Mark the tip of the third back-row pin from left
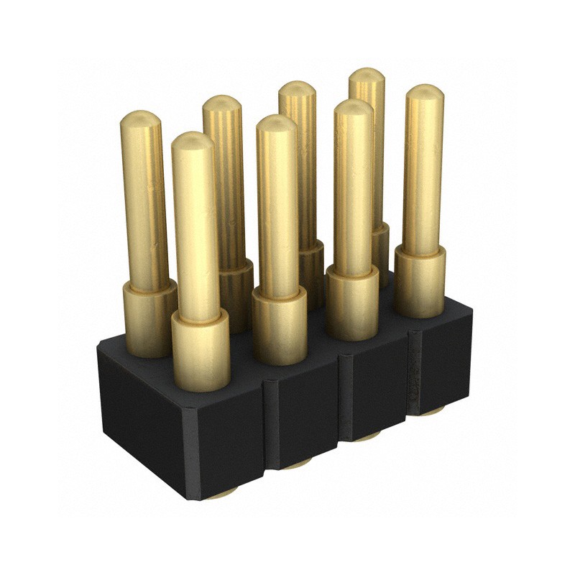coord(297,91)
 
